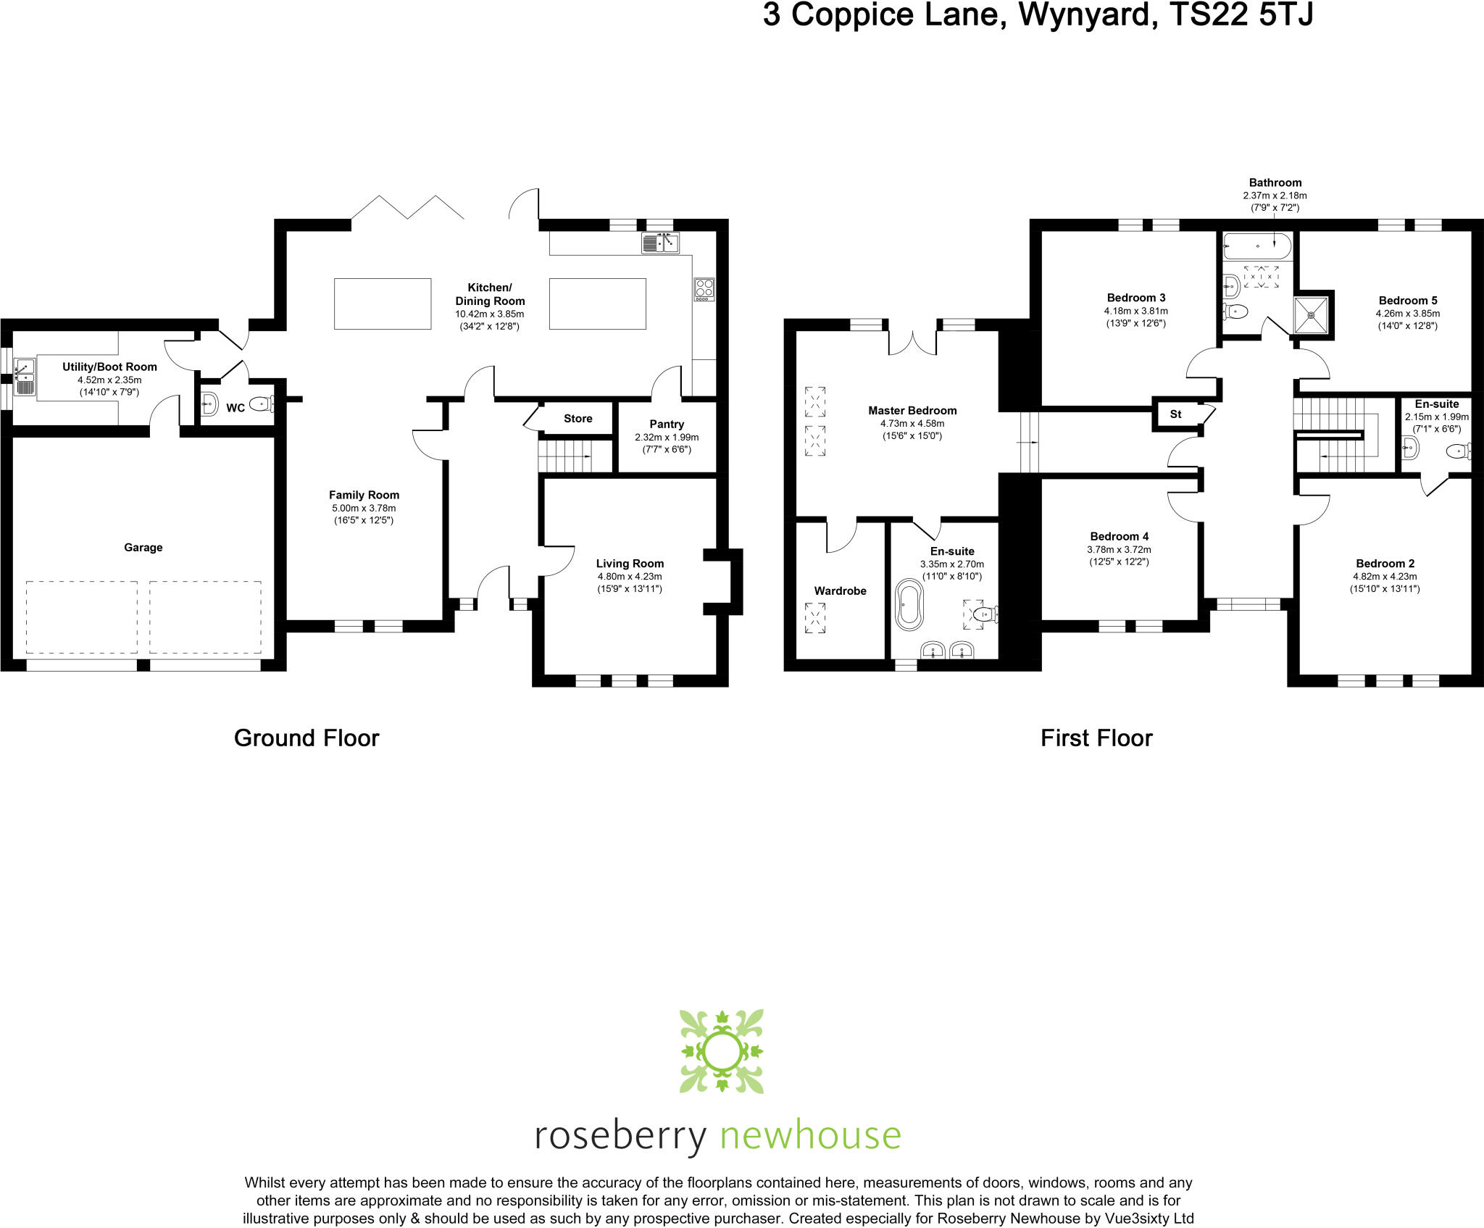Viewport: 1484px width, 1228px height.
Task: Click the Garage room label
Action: click(143, 547)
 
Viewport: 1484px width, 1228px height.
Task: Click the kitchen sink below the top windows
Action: click(660, 243)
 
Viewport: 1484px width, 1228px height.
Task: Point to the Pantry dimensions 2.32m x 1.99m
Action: click(667, 437)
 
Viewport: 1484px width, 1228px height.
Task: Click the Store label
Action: click(578, 418)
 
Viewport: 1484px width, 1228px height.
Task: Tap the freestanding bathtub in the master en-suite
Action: click(909, 604)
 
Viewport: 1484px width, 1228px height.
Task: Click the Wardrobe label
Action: click(840, 590)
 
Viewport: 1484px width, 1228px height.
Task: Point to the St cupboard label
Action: click(1175, 414)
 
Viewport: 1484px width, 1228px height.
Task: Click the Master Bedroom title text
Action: click(912, 410)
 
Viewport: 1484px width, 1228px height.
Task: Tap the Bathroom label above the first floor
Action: click(1275, 183)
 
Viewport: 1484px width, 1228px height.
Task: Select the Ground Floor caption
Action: click(307, 738)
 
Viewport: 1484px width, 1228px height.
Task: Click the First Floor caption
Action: click(1096, 738)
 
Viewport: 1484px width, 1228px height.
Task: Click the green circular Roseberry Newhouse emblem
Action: click(721, 1051)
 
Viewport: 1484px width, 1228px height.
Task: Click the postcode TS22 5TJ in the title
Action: click(1241, 15)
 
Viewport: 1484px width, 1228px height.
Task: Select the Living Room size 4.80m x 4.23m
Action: click(629, 576)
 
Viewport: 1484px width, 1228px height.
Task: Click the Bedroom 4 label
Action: click(1119, 536)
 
